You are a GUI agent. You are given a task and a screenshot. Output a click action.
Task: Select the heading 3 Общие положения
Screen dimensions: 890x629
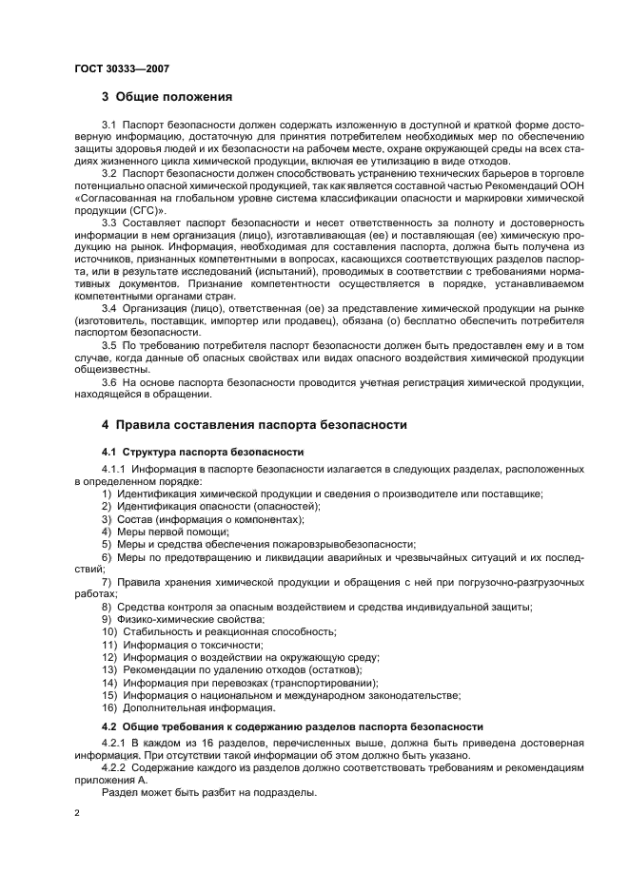click(167, 97)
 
